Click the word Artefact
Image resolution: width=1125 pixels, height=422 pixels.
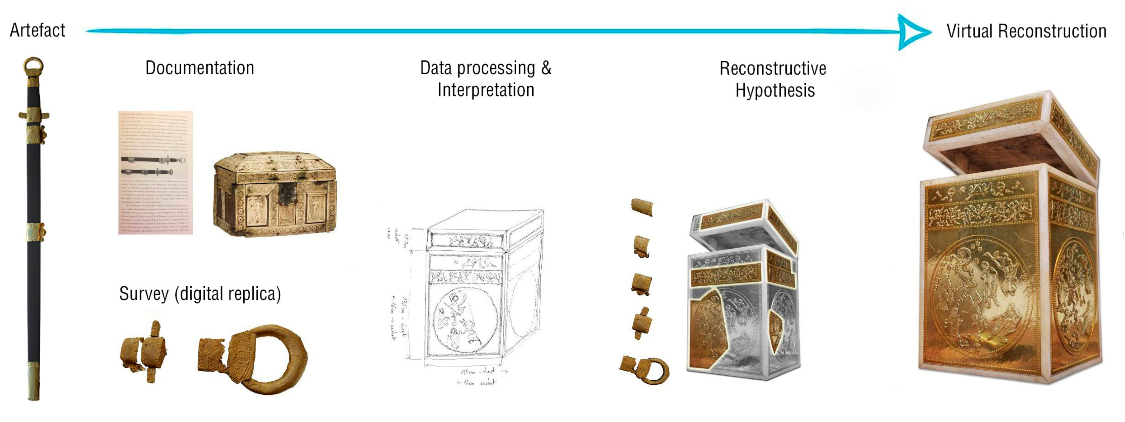click(x=37, y=31)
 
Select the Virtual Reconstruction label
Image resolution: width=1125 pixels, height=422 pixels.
click(x=1026, y=32)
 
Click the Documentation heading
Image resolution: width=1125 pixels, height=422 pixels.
click(x=200, y=68)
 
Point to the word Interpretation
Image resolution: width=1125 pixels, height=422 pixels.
click(x=486, y=90)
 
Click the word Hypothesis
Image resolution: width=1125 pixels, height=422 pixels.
click(x=775, y=90)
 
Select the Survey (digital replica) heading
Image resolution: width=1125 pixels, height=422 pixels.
click(x=200, y=293)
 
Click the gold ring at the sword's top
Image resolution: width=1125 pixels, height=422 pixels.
click(x=33, y=67)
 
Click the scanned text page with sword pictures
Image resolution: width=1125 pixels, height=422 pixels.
click(x=155, y=172)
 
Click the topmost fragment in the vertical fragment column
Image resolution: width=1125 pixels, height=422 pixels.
click(x=642, y=207)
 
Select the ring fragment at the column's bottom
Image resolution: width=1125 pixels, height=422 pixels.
click(x=645, y=370)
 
